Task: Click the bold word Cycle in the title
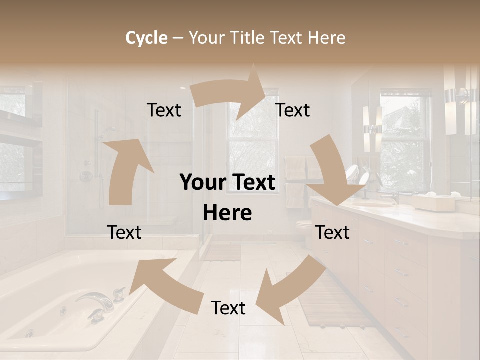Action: tap(146, 38)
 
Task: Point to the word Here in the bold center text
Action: tap(227, 213)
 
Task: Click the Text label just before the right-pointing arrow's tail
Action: tap(164, 110)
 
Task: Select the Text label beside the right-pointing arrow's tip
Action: tap(293, 110)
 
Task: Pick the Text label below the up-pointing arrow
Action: tap(124, 232)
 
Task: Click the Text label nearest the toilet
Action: tap(332, 232)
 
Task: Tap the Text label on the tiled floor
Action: tap(228, 308)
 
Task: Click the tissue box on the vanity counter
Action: tap(433, 202)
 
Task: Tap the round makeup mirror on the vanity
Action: tap(353, 173)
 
